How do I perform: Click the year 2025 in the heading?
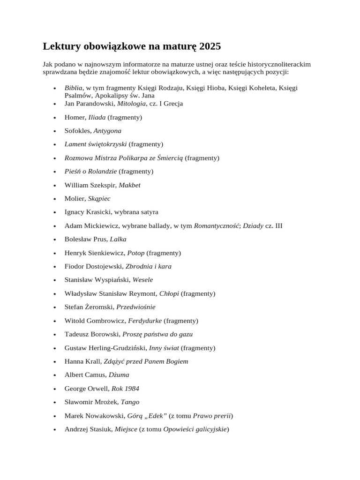tap(210, 46)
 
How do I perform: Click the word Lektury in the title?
tap(61, 46)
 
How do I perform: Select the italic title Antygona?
tap(107, 131)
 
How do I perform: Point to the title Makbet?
tap(129, 185)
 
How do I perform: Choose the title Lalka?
tap(118, 240)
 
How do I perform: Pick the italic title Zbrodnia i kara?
tap(149, 266)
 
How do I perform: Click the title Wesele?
tap(143, 280)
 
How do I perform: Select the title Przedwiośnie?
tap(136, 307)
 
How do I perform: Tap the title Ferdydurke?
tap(145, 321)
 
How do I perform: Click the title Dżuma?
tap(119, 375)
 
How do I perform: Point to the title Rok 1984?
tap(125, 389)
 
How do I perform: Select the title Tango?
tap(130, 402)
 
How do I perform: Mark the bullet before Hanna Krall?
tap(55, 362)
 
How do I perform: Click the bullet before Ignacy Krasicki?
tap(55, 212)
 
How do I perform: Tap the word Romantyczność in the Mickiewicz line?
tap(216, 226)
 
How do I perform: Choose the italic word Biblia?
tap(74, 88)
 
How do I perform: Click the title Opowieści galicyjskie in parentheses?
tap(195, 429)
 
